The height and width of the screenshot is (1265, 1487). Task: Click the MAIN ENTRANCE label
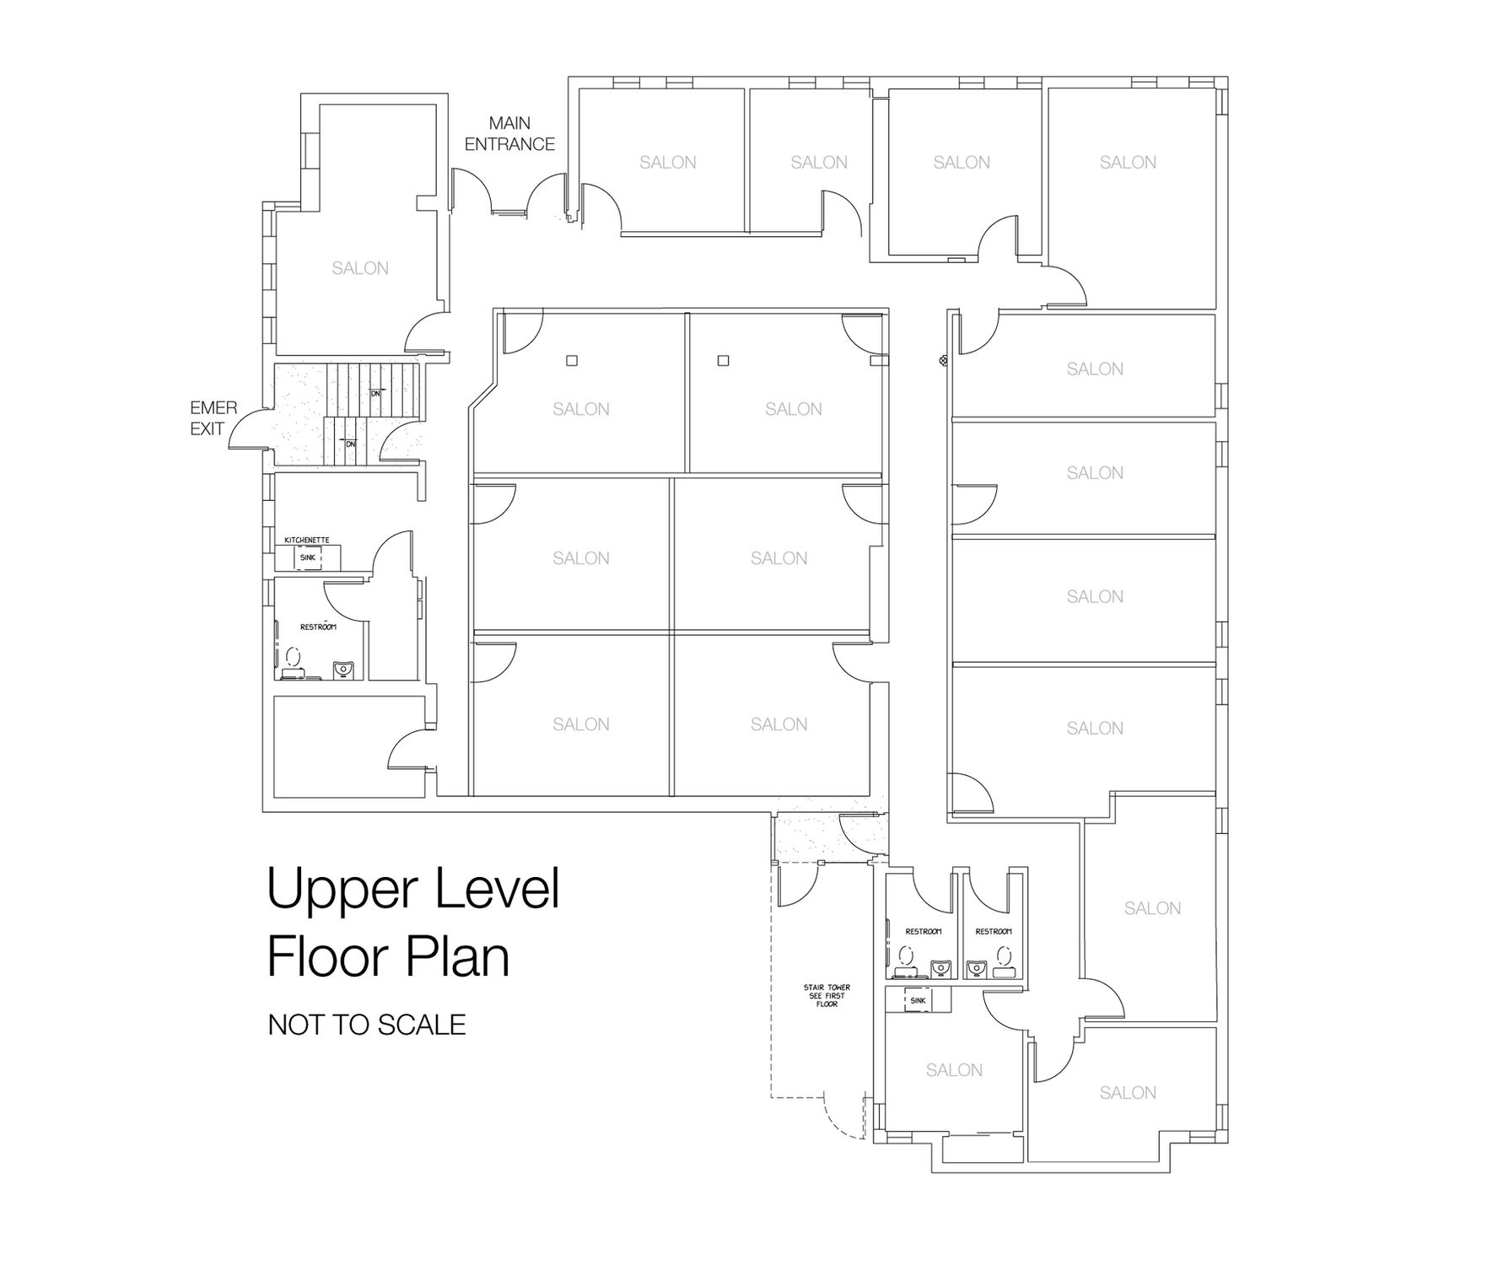pos(509,134)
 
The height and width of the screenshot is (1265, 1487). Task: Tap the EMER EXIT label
pos(213,418)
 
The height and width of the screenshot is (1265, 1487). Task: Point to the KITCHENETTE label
pos(307,540)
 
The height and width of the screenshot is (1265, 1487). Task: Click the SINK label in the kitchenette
pos(307,557)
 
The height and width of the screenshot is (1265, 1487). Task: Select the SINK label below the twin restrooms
pos(918,1001)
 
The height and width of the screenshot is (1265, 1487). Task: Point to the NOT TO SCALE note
pos(367,1025)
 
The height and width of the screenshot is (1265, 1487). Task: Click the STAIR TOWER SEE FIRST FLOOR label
pos(827,996)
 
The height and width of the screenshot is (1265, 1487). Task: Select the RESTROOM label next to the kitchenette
pos(318,627)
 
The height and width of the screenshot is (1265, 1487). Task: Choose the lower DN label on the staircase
pos(350,444)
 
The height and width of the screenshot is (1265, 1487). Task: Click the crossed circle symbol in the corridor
pos(943,361)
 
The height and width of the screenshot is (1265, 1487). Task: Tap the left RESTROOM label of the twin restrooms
pos(923,931)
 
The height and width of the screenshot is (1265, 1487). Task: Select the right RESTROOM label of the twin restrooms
pos(993,931)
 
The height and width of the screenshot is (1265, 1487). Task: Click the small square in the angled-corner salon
pos(571,361)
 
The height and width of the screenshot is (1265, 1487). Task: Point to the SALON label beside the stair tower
pos(954,1070)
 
